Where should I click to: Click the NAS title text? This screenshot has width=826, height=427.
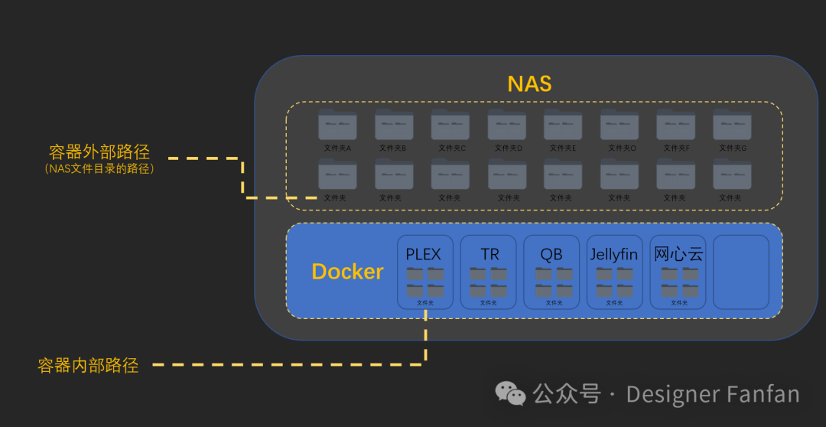tap(529, 83)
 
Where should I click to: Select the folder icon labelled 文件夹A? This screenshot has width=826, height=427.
tap(337, 125)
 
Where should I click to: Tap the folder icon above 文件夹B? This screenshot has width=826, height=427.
tap(394, 125)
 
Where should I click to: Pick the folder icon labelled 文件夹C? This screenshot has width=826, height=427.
tap(450, 125)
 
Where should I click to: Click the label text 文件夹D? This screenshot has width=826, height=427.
tap(508, 148)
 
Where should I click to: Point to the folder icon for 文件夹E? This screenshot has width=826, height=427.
tap(563, 125)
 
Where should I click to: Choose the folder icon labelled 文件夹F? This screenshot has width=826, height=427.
tap(676, 125)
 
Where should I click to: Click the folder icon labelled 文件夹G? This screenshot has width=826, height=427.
tap(732, 125)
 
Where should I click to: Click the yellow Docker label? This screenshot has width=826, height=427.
tap(347, 272)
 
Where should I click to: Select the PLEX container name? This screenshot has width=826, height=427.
tap(424, 254)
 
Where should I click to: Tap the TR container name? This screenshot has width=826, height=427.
tap(489, 254)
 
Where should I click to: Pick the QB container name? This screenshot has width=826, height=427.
tap(551, 254)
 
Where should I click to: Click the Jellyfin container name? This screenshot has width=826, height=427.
tap(614, 254)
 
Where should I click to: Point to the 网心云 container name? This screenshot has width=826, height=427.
tap(678, 254)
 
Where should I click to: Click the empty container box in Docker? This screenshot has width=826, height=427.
tap(740, 272)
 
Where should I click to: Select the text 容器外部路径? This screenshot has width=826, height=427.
tap(99, 152)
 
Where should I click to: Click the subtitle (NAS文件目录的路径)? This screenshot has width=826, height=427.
tap(99, 168)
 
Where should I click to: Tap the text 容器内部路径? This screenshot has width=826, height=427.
tap(88, 366)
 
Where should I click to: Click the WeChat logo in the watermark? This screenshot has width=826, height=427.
tap(510, 393)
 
